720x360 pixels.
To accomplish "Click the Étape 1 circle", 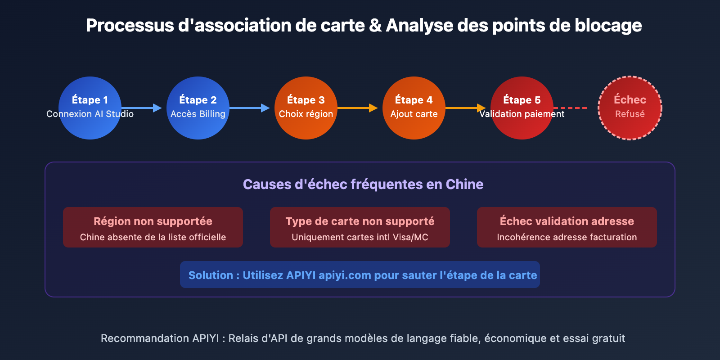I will click(x=90, y=108).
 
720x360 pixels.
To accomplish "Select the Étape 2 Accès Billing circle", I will click(x=198, y=108).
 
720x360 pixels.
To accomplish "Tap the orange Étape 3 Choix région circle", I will click(x=306, y=108).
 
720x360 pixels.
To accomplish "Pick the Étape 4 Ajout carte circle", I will click(x=414, y=108).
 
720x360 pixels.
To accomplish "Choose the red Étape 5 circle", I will click(x=522, y=108).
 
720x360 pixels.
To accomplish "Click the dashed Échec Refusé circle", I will click(x=630, y=108).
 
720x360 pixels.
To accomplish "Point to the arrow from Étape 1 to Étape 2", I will click(x=142, y=108).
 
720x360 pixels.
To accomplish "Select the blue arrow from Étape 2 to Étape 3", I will click(x=250, y=108).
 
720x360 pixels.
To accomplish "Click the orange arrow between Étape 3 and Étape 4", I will click(x=358, y=108).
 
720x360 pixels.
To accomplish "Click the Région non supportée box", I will click(x=153, y=227).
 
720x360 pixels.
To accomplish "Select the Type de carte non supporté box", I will click(x=360, y=227).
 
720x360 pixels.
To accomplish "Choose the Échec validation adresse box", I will click(x=567, y=227).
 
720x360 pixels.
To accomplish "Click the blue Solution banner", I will click(x=360, y=274).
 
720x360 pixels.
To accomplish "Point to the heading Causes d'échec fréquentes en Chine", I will click(x=363, y=184).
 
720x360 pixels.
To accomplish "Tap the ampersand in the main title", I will click(x=375, y=26).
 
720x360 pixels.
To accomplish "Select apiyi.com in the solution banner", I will click(x=345, y=275).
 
